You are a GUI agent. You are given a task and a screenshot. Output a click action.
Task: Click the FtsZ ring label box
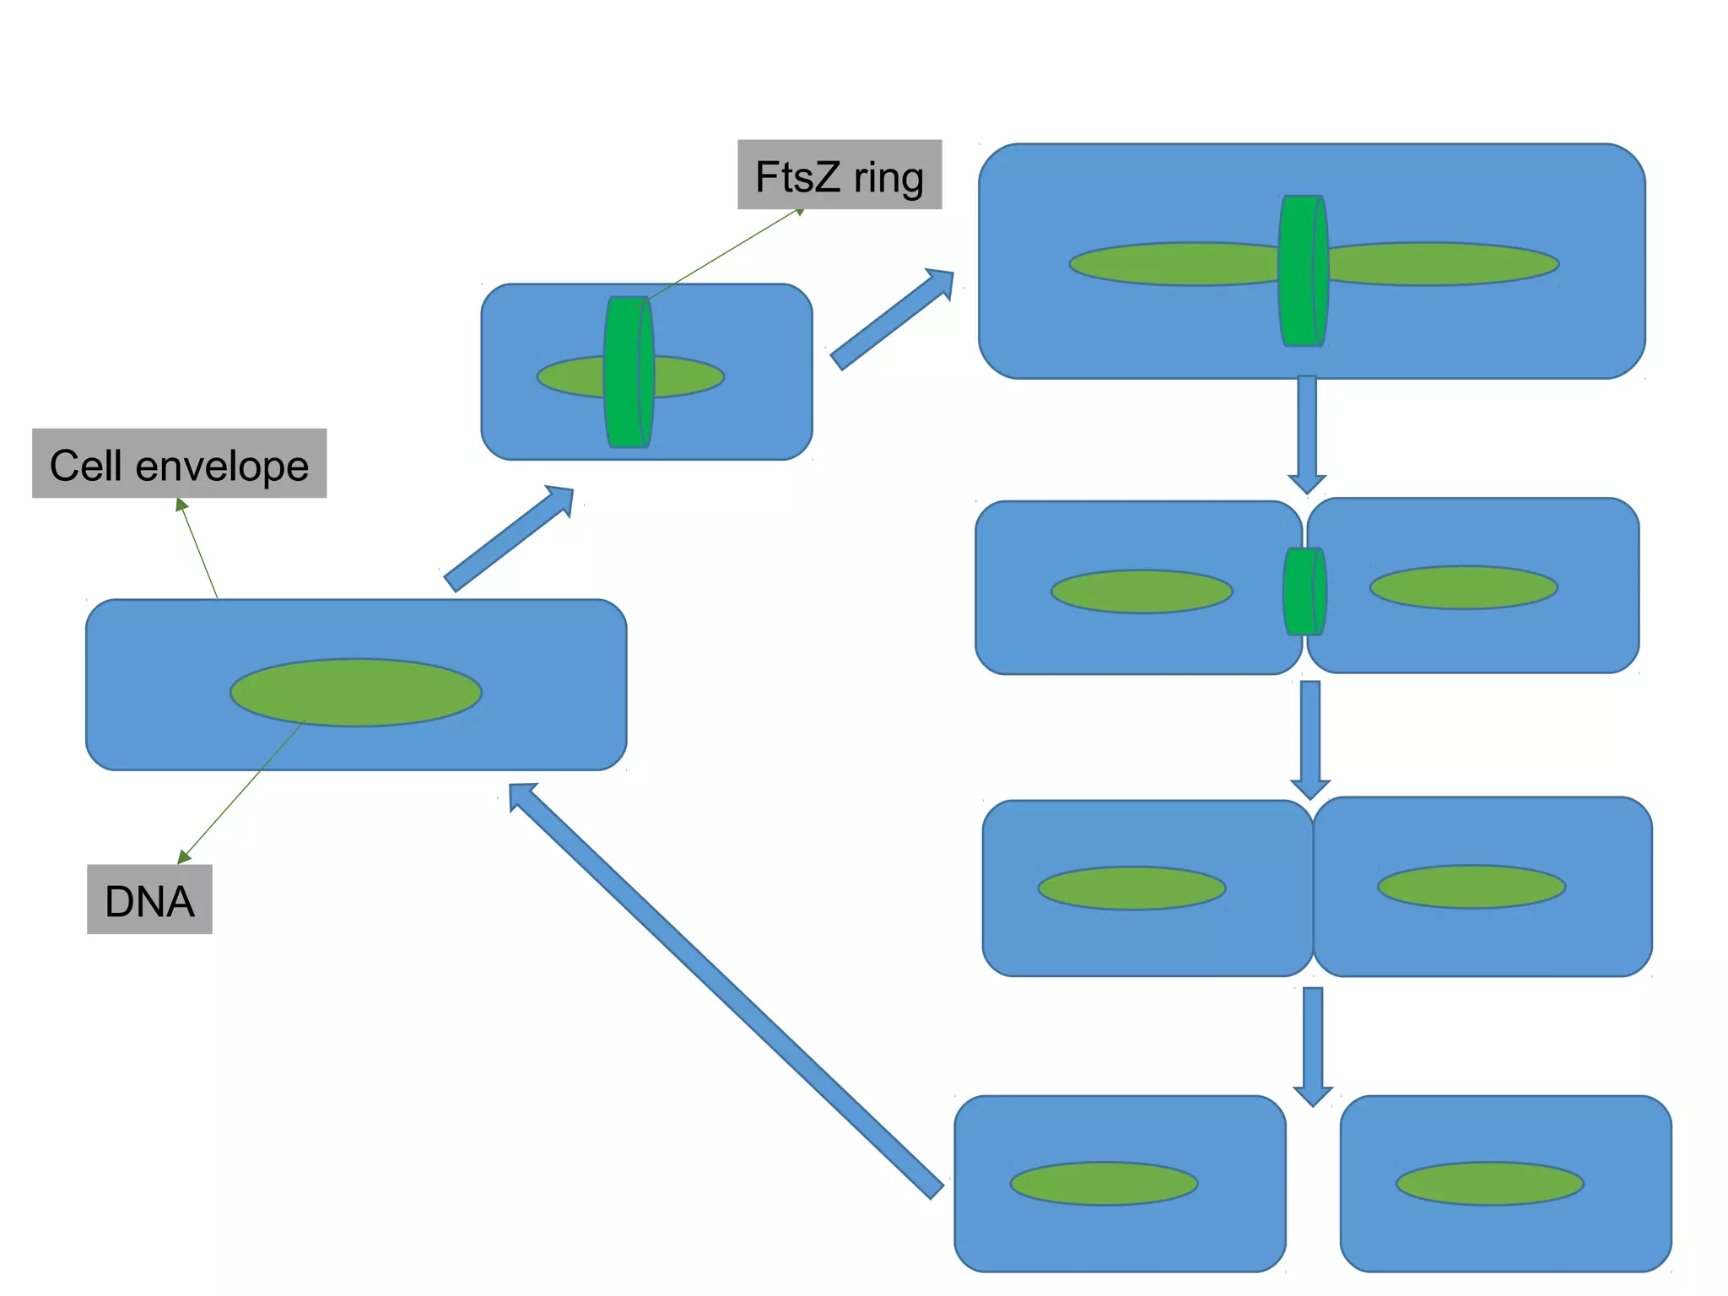tap(840, 175)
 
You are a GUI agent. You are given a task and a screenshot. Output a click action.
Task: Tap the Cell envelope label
tap(179, 463)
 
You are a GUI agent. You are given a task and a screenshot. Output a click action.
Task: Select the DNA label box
tap(149, 899)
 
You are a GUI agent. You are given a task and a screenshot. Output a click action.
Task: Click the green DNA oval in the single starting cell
tap(356, 693)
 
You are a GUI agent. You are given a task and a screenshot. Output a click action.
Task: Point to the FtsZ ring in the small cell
tap(629, 372)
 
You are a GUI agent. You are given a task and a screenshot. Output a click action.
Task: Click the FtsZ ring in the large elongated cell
tap(1304, 271)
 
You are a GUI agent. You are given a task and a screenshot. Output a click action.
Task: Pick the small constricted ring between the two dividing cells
tap(1304, 591)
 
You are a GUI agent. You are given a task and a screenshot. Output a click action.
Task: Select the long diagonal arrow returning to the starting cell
tap(726, 991)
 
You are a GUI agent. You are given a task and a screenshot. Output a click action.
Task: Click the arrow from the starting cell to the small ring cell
tap(509, 538)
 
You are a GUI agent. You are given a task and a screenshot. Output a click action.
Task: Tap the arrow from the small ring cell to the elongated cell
tap(892, 319)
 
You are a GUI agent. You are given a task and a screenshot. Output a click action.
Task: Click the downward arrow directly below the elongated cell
tap(1307, 435)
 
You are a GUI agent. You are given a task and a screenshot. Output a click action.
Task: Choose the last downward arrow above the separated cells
tap(1313, 1047)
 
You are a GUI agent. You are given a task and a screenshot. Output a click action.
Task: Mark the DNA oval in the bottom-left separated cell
tap(1104, 1184)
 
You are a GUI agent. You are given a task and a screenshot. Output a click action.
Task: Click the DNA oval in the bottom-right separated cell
tap(1490, 1184)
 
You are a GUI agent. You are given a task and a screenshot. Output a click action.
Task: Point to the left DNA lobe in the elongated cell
tap(1174, 264)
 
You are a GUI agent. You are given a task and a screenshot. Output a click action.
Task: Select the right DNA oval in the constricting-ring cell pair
tap(1463, 587)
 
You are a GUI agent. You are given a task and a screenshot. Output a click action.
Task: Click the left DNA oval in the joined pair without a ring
tap(1131, 888)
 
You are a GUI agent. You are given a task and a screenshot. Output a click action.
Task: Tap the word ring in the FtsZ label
tap(888, 177)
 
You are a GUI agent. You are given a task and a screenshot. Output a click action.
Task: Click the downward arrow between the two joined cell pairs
tap(1310, 740)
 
